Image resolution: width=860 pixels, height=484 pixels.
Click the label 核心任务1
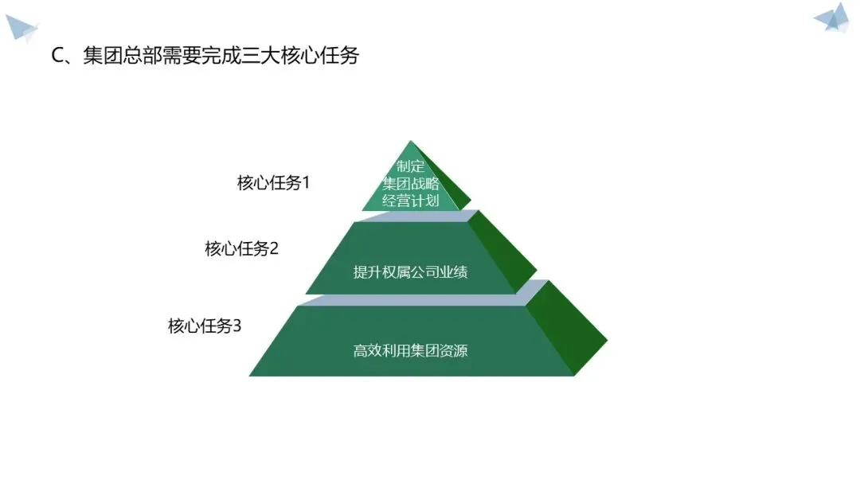[x=273, y=183]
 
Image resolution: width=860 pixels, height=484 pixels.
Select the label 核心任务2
[x=242, y=248]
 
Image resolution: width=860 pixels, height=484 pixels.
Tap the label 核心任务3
[x=205, y=326]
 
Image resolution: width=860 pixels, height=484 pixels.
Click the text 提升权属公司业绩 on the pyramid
[x=410, y=272]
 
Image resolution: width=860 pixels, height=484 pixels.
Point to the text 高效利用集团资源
[x=410, y=349]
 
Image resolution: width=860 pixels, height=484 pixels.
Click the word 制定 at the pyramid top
[x=411, y=166]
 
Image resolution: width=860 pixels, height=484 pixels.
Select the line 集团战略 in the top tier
[x=411, y=183]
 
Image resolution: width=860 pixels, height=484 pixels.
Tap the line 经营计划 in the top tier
[x=411, y=200]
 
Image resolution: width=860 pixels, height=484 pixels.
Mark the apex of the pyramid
[x=411, y=142]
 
